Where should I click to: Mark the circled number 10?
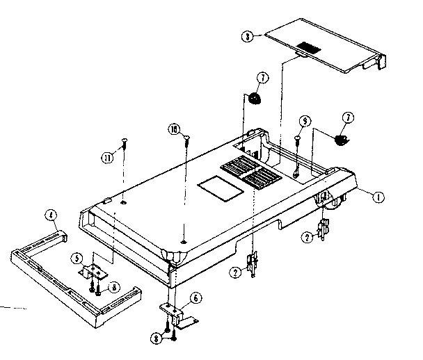click(173, 129)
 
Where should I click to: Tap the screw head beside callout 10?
click(187, 139)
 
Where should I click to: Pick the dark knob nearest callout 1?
click(342, 139)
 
